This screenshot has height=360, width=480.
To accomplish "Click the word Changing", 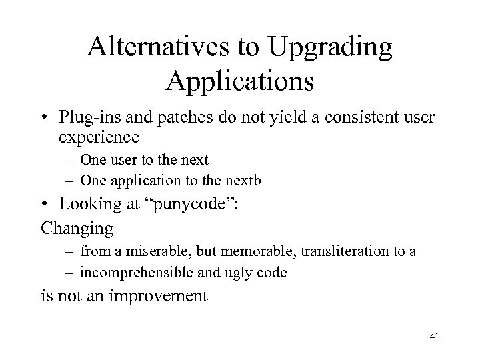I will click(77, 228).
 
